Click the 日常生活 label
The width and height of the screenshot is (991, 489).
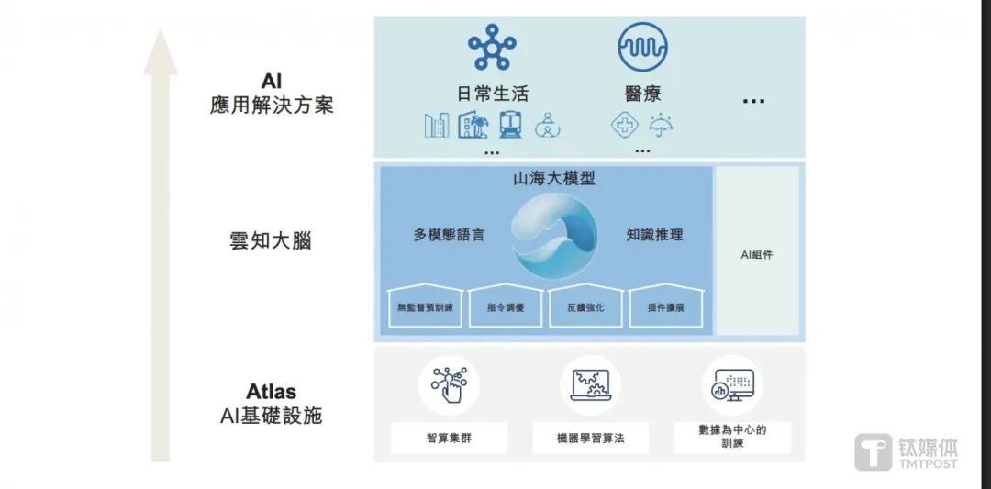[x=492, y=94]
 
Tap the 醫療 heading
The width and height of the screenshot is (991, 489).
[x=642, y=94]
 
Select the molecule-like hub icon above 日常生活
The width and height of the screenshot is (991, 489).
[x=492, y=46]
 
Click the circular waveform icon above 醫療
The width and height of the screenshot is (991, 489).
[x=642, y=47]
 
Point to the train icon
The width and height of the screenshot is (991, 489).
[x=510, y=125]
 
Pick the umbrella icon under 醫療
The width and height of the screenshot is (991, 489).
[x=661, y=125]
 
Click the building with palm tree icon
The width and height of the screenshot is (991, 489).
[x=473, y=125]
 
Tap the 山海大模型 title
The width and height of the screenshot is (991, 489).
[x=553, y=179]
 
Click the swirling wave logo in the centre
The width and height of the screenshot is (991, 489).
[x=553, y=236]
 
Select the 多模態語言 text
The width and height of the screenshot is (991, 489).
[x=449, y=235]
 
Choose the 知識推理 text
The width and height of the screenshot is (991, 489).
[x=655, y=235]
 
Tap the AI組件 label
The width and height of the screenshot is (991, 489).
[x=756, y=255]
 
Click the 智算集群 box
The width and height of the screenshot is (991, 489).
[x=449, y=438]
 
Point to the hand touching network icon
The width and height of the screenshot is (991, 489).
[x=449, y=384]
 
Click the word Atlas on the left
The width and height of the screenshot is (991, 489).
[x=271, y=391]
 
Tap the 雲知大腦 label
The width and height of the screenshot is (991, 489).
[x=271, y=240]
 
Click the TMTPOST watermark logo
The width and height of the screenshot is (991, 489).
[x=906, y=451]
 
